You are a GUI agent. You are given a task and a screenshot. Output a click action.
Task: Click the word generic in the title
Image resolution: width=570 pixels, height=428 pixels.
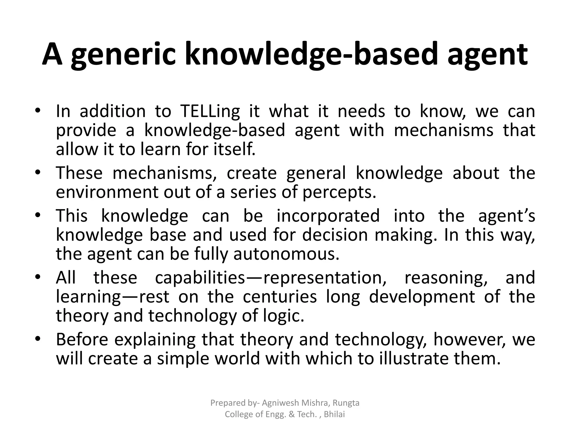(123, 54)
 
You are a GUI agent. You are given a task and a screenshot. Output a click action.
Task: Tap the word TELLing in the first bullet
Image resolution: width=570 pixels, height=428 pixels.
(210, 111)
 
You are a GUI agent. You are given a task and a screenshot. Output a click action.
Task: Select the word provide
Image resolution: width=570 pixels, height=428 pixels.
(86, 130)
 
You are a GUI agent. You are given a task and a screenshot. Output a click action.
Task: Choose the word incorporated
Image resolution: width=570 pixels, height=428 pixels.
(328, 216)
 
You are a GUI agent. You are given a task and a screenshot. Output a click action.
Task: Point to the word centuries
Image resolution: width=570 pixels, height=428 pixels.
(280, 297)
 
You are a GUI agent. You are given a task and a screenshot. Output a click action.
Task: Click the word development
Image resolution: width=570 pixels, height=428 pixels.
(422, 297)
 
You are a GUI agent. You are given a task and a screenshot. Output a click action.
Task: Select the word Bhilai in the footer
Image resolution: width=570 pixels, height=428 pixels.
(335, 414)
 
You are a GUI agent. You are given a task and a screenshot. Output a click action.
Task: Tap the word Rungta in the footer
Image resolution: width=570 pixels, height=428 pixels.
(346, 403)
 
